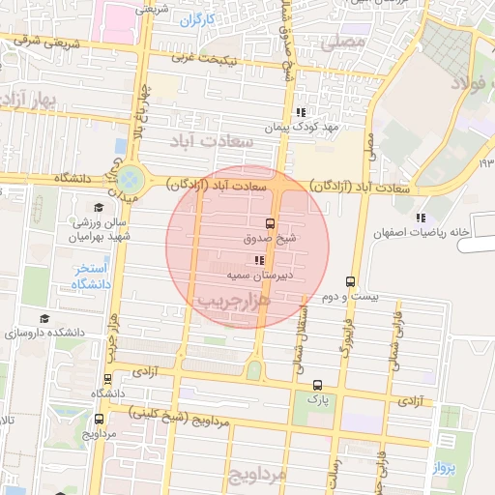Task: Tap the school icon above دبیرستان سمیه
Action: [x=259, y=260]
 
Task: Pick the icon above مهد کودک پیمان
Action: [x=302, y=111]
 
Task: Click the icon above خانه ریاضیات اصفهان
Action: [x=420, y=218]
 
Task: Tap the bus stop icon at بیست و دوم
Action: [x=349, y=282]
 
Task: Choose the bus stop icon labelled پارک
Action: [x=312, y=384]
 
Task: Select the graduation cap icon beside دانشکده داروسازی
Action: [x=44, y=318]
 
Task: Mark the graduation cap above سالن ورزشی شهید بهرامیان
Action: [x=98, y=208]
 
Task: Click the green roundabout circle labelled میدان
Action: [x=129, y=179]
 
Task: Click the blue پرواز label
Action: [x=473, y=467]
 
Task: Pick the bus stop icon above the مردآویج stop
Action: [x=100, y=420]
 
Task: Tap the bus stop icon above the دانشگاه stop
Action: [x=109, y=379]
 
